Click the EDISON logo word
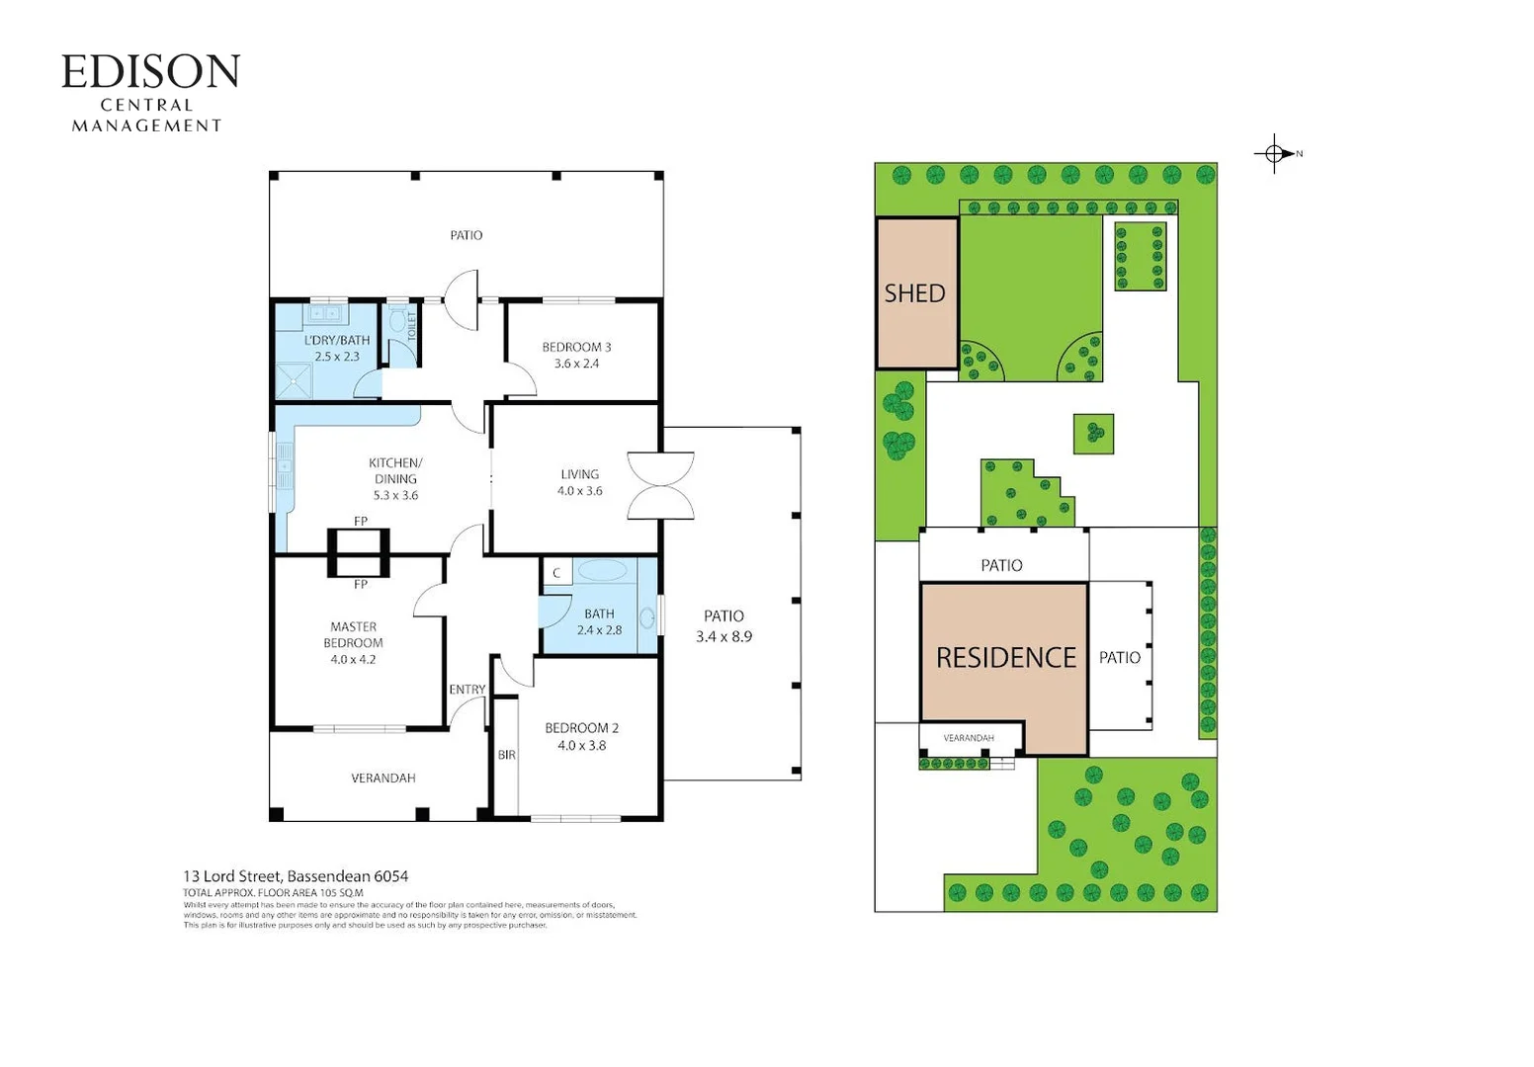[x=150, y=72]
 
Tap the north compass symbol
[x=1276, y=153]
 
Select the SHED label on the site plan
[x=914, y=293]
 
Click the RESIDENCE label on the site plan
[x=1005, y=658]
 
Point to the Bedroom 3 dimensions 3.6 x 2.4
[x=576, y=364]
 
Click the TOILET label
[x=412, y=325]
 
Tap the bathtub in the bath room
[x=602, y=570]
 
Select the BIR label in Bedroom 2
[x=506, y=755]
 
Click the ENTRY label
[x=467, y=690]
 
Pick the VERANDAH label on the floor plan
[x=383, y=779]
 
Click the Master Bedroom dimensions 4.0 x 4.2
[x=353, y=659]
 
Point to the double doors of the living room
[x=660, y=485]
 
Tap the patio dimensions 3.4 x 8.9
[x=724, y=637]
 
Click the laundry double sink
[x=325, y=314]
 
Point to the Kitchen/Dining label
[x=395, y=470]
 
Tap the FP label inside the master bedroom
[x=361, y=585]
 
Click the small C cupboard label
[x=556, y=573]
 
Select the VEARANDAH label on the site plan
[x=968, y=738]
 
